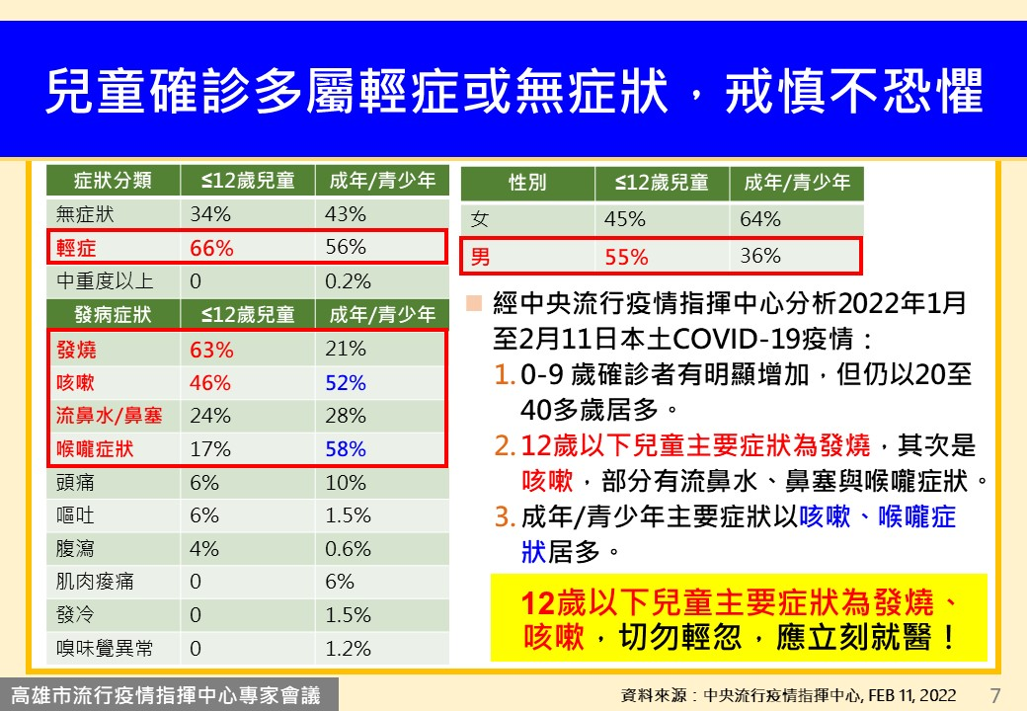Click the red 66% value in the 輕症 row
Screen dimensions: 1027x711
pyautogui.click(x=211, y=248)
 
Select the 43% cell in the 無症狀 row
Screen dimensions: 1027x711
pyautogui.click(x=346, y=214)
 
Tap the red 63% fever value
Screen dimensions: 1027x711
pyautogui.click(x=211, y=350)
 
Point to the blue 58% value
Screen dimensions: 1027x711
pyautogui.click(x=346, y=449)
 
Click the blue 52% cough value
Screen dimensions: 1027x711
pyautogui.click(x=346, y=382)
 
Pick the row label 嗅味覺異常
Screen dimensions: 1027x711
pyautogui.click(x=105, y=648)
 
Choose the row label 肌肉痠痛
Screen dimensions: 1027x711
pyautogui.click(x=95, y=582)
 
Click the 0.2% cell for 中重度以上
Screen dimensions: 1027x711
pyautogui.click(x=348, y=281)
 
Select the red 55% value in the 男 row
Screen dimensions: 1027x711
pyautogui.click(x=626, y=257)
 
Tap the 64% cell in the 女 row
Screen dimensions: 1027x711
pyautogui.click(x=759, y=218)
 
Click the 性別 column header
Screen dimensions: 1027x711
pyautogui.click(x=527, y=183)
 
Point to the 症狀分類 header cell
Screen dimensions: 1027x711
pyautogui.click(x=113, y=180)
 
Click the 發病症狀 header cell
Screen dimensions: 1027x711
pyautogui.click(x=113, y=314)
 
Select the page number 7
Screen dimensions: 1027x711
pyautogui.click(x=995, y=694)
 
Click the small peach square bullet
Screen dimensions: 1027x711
pyautogui.click(x=474, y=303)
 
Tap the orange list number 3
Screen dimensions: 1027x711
pyautogui.click(x=503, y=517)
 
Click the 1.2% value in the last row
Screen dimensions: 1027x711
pyautogui.click(x=348, y=649)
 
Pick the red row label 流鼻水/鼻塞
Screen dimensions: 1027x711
pyautogui.click(x=109, y=415)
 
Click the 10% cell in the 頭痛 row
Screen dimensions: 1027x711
pyautogui.click(x=346, y=483)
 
